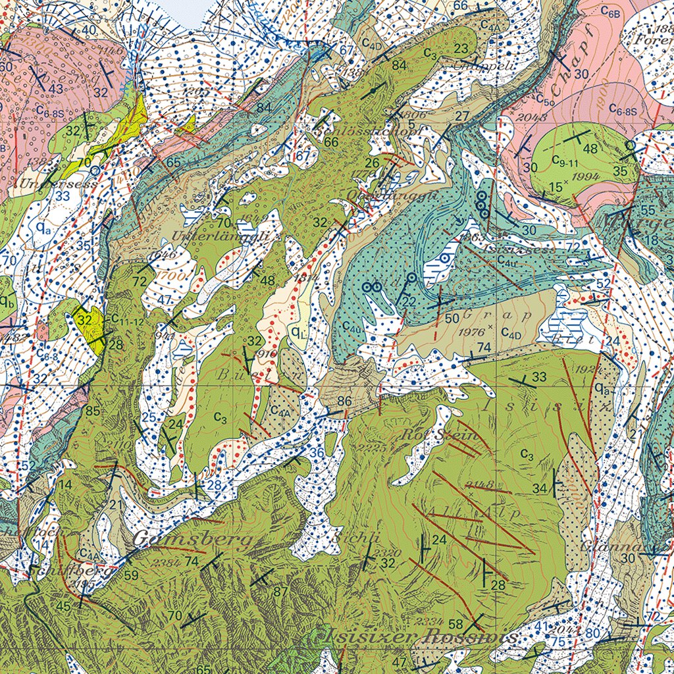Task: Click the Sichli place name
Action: coord(348,536)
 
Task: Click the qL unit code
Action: coord(298,332)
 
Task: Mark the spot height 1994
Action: coord(586,177)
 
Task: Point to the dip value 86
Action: coord(344,401)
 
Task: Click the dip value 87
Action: coord(280,591)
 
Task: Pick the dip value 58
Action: coord(455,624)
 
